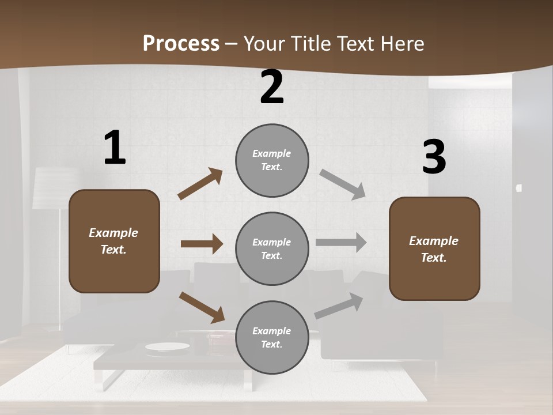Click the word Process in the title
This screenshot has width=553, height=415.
(181, 43)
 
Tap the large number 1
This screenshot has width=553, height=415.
(115, 148)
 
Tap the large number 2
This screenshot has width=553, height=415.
(272, 88)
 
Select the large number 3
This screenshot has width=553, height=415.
(434, 158)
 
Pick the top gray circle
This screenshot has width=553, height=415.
(272, 160)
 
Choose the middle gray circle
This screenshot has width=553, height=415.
(272, 248)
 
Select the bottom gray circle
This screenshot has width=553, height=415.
(272, 337)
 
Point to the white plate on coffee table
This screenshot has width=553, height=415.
(167, 346)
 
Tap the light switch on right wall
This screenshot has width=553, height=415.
(519, 188)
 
